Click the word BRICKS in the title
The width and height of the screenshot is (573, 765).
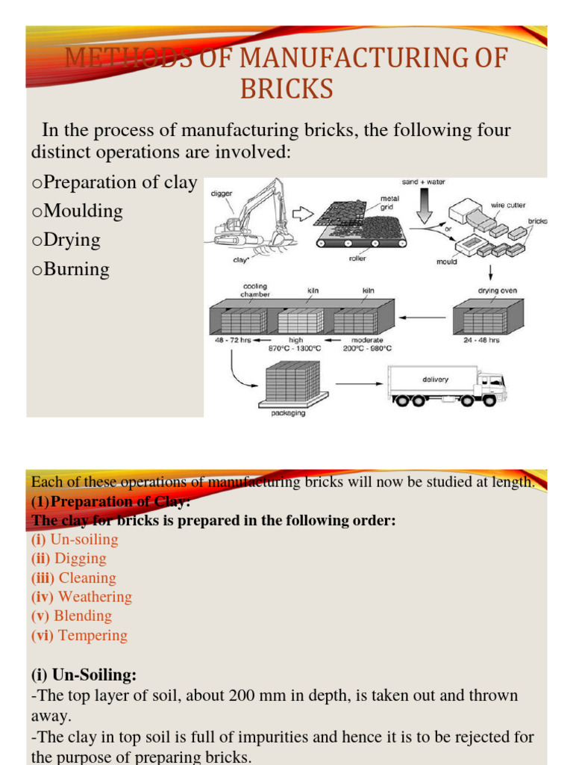click(286, 89)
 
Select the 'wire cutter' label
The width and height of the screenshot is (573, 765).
click(508, 204)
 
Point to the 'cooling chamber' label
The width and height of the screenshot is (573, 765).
click(254, 290)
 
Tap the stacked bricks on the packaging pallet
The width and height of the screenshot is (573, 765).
click(292, 381)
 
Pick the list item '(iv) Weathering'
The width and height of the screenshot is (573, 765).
click(81, 597)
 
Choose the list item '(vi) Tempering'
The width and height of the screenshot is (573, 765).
click(79, 636)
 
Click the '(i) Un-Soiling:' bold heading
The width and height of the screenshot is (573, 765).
click(84, 675)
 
